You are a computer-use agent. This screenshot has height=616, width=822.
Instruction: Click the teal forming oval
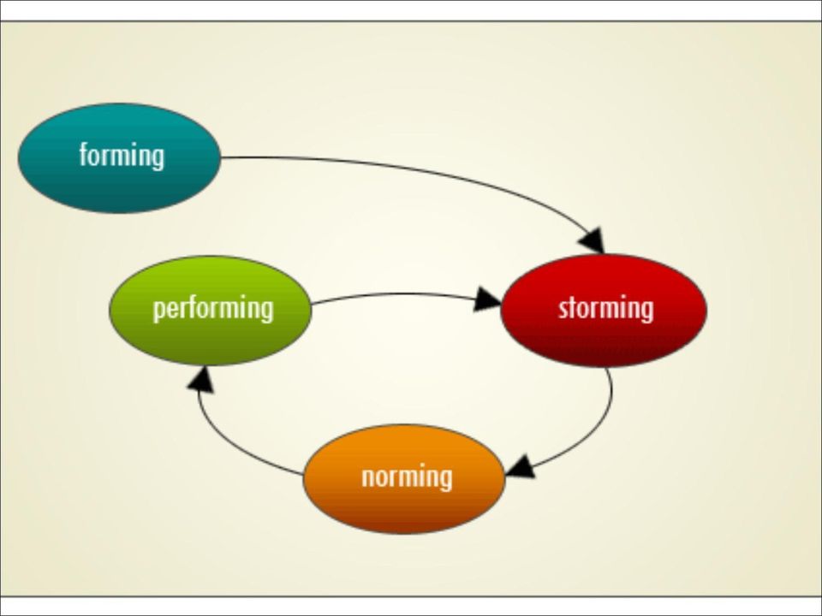coord(120,158)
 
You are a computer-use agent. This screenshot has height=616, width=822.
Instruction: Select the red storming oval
coord(604,310)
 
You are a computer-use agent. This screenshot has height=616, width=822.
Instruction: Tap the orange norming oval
coord(404,479)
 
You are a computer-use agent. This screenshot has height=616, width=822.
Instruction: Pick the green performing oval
coord(211,310)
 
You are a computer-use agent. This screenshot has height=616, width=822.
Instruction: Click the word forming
coord(122,156)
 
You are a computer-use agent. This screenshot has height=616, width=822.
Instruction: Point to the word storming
coord(606,308)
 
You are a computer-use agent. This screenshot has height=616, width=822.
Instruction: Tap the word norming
coord(407,477)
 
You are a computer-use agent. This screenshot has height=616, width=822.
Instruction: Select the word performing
coord(213,309)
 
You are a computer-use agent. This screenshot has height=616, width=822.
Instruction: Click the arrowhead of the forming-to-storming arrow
coord(593,241)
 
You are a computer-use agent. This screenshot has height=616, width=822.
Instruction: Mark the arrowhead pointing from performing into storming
coord(487,299)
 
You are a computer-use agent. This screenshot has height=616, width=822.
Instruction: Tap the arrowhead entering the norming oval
coord(521,467)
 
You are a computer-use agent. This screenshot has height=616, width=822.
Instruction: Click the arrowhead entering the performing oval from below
coord(200,379)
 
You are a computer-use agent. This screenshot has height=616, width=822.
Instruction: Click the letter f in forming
coord(84,155)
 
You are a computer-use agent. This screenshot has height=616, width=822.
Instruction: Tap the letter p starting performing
coord(158,311)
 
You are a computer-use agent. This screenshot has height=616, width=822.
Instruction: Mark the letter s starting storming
coord(563,310)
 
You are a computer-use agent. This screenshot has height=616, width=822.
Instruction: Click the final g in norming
coord(447,480)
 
